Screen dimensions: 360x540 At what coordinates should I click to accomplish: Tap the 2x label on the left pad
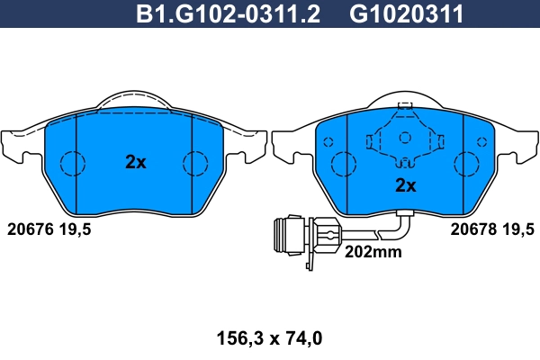134,163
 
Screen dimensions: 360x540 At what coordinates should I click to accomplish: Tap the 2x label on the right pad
406,186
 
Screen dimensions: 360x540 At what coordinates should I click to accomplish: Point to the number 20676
31,229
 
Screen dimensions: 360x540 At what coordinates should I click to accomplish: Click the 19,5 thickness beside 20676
76,229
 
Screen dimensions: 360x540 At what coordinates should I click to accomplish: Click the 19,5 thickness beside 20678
517,229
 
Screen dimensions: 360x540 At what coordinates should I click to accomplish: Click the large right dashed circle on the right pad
468,164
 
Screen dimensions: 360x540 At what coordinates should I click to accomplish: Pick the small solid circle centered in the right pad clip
405,138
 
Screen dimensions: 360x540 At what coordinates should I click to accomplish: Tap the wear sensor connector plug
293,236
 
